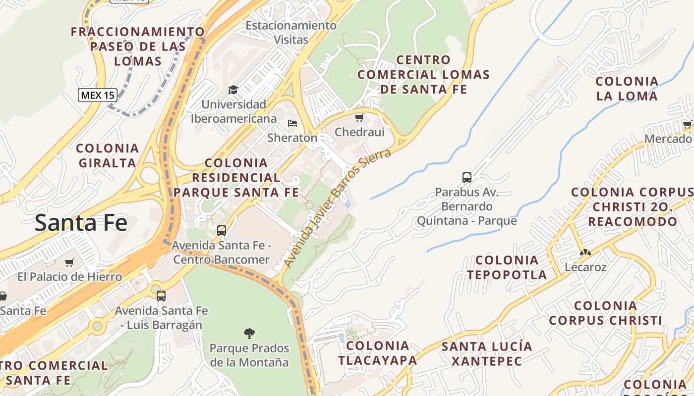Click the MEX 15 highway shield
(97, 95)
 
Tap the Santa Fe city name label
(81, 223)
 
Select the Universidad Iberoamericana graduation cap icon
(233, 90)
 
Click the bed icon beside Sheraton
(292, 123)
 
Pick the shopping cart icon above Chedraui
(359, 117)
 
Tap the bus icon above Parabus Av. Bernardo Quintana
(466, 177)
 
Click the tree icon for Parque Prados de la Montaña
(249, 333)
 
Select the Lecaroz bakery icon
(585, 252)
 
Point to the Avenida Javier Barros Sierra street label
(336, 208)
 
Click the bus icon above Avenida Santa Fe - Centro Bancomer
(222, 230)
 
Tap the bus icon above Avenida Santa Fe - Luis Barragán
(161, 296)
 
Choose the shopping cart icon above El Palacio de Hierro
(69, 262)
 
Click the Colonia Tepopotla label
(507, 267)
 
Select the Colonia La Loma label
(627, 89)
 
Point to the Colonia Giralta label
(107, 155)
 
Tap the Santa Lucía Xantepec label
(487, 353)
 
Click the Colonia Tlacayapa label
(377, 352)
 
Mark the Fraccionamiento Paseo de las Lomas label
(138, 47)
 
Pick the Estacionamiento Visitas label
(291, 32)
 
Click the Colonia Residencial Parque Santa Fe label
(236, 177)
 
